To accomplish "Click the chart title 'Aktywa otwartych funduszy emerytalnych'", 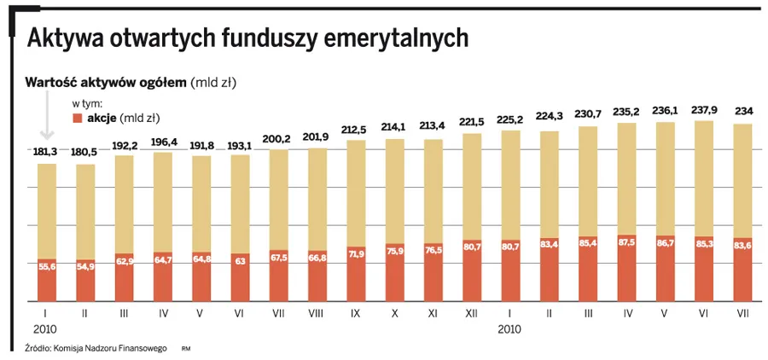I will [247, 38].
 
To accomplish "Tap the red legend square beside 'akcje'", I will [78, 118].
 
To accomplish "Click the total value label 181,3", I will [47, 152].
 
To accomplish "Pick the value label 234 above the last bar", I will [742, 112].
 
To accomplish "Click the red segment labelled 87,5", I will [626, 267].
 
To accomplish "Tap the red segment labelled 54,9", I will [85, 280].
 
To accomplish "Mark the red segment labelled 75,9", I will [395, 272].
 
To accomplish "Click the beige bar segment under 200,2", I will [278, 200].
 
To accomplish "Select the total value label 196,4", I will [163, 142].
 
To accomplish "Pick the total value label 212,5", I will [356, 129].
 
